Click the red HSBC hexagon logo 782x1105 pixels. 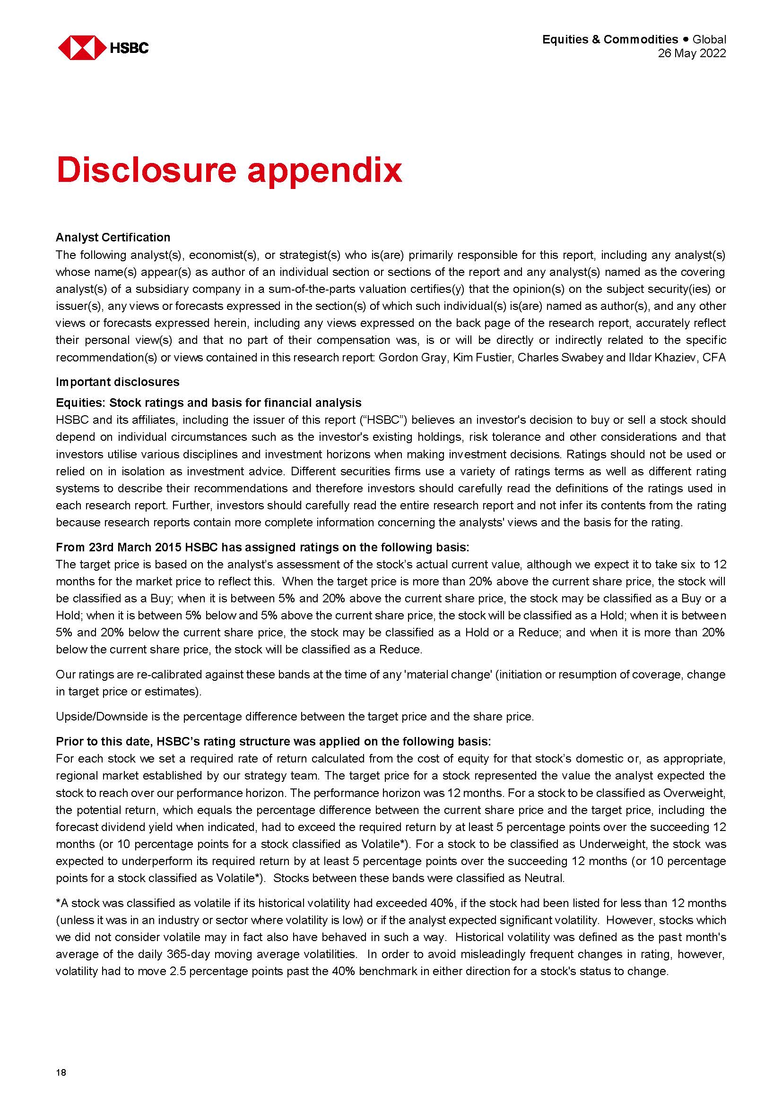[81, 48]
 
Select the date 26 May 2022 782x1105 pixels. [692, 53]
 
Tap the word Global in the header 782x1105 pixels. [709, 40]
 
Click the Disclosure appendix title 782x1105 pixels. [229, 171]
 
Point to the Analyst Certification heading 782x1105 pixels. [113, 237]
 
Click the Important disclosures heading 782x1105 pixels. [118, 382]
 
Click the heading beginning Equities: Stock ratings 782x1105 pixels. [209, 403]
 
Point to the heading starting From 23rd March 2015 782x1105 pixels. [262, 547]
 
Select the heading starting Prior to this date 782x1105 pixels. [273, 741]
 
